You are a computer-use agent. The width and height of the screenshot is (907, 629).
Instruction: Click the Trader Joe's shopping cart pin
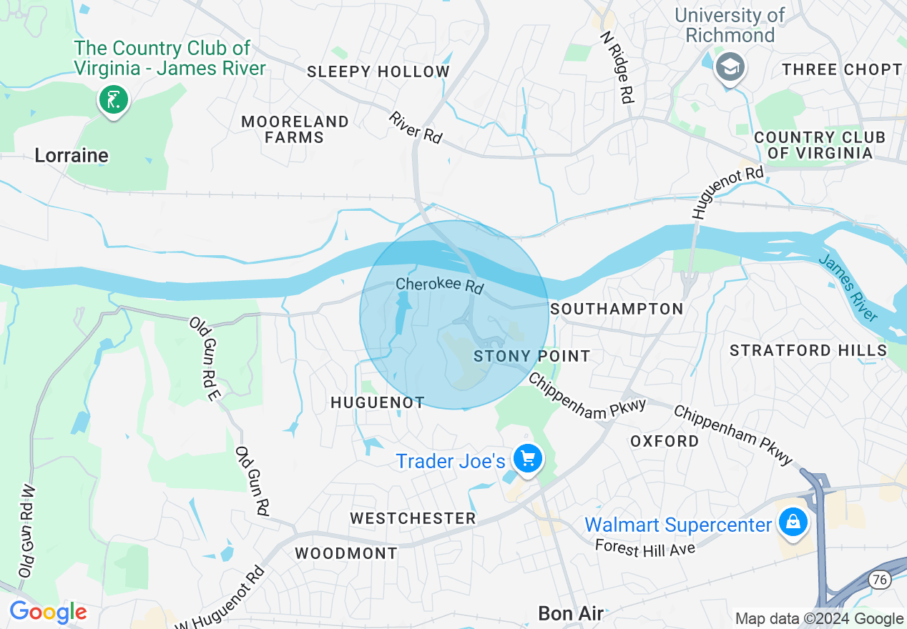point(528,459)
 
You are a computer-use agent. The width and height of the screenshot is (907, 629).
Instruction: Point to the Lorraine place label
point(72,155)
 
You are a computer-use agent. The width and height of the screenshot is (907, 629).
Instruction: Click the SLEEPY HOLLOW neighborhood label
point(378,71)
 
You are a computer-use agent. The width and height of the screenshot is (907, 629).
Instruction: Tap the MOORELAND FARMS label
point(295,129)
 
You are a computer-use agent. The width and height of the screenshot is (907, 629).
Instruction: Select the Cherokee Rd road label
point(440,285)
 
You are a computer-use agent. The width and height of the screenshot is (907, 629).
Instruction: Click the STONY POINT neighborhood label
point(532,356)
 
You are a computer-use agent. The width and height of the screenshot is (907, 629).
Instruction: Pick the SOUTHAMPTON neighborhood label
point(617,309)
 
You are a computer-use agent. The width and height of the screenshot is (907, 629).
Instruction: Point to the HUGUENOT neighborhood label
point(378,403)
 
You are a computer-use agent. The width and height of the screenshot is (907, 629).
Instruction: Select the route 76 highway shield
point(881,579)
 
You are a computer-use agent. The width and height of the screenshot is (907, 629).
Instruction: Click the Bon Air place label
point(571,613)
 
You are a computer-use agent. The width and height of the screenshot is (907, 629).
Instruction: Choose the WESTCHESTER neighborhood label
point(413,518)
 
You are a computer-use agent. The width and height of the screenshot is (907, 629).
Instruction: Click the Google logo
point(48,613)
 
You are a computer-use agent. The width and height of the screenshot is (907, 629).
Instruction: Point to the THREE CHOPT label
point(842,69)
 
